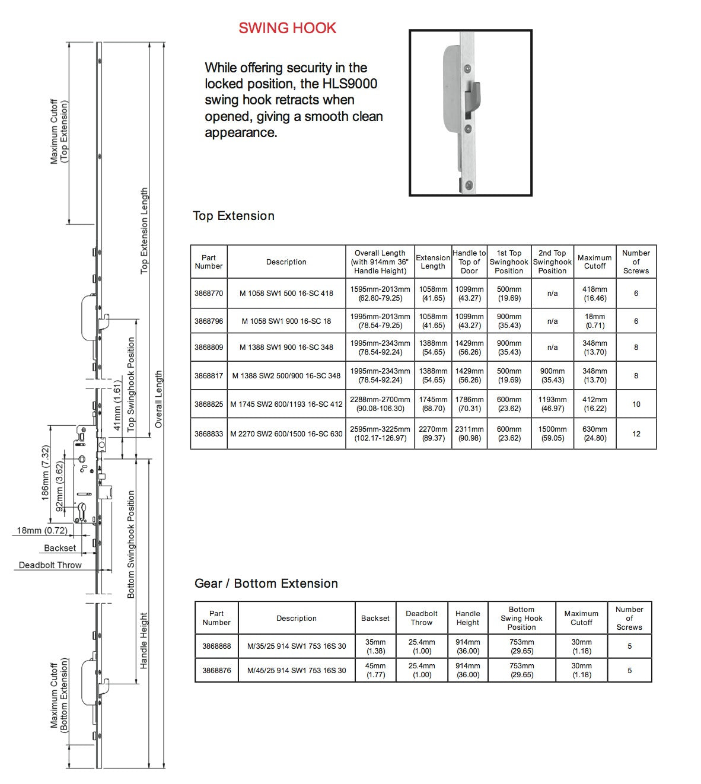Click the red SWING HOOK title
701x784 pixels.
tap(287, 28)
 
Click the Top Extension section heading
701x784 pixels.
tap(234, 216)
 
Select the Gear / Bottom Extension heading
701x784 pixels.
tap(266, 584)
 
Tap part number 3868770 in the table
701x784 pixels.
tap(209, 293)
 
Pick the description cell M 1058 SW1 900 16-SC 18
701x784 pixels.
tap(286, 321)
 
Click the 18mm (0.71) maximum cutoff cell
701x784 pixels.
tap(595, 321)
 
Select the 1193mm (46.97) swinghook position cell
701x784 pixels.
tap(552, 404)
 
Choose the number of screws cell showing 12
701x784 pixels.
tap(636, 434)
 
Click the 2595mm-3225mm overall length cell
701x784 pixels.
tap(380, 434)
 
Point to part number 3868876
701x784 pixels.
tap(216, 671)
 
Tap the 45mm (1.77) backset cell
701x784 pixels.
tap(375, 670)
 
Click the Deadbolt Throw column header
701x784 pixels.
tap(422, 618)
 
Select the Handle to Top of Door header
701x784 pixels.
tap(469, 262)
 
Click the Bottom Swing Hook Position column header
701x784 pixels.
tap(521, 618)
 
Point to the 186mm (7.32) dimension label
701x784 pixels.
tap(46, 473)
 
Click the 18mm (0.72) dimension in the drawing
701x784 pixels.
tap(42, 531)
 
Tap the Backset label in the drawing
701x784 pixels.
tap(60, 548)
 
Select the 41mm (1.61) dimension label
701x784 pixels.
tap(117, 406)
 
